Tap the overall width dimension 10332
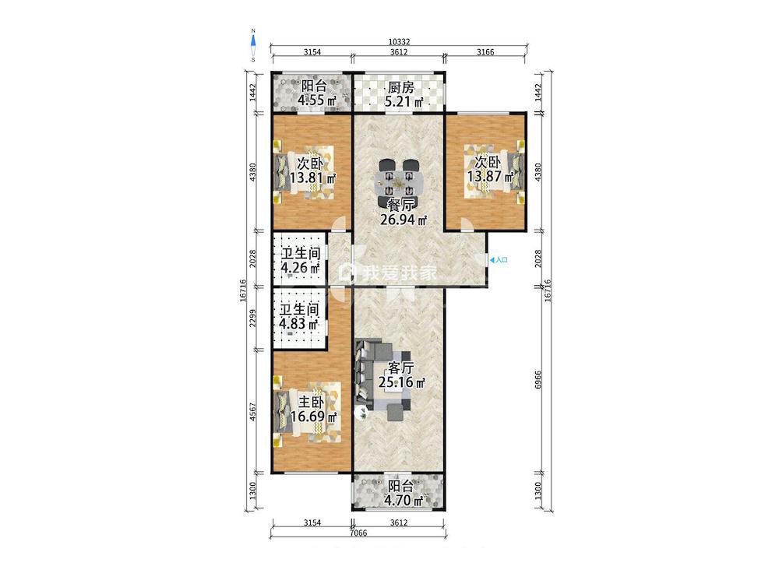[399, 43]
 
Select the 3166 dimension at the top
[485, 52]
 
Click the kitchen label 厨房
[400, 88]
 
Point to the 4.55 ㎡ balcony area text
[318, 100]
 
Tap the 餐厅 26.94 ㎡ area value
[404, 220]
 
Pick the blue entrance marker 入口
[499, 260]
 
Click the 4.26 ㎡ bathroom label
[301, 261]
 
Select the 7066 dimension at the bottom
[358, 533]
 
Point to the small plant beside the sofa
[362, 412]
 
